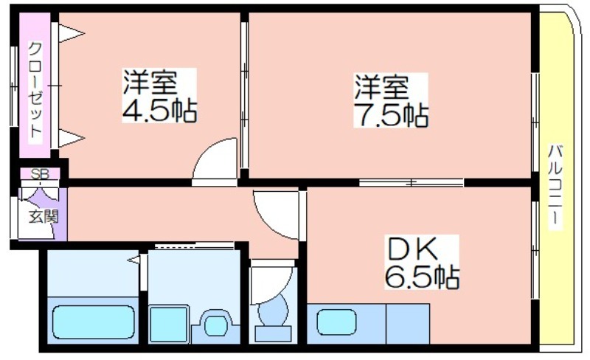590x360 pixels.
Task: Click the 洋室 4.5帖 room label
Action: pyautogui.click(x=159, y=96)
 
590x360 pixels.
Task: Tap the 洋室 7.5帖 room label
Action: pyautogui.click(x=391, y=100)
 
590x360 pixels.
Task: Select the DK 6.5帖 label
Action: pyautogui.click(x=421, y=262)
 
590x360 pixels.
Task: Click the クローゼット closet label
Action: pyautogui.click(x=35, y=89)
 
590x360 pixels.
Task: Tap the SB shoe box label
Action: pyautogui.click(x=40, y=174)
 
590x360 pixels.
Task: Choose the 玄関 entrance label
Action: pyautogui.click(x=44, y=217)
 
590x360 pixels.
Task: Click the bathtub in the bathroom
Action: pyautogui.click(x=94, y=322)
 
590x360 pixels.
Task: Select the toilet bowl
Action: pyautogui.click(x=273, y=311)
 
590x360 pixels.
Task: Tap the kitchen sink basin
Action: pyautogui.click(x=336, y=322)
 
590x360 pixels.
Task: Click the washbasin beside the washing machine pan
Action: pyautogui.click(x=215, y=323)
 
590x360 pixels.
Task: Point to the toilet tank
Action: pyautogui.click(x=273, y=333)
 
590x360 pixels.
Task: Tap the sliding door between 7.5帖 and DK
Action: pyautogui.click(x=412, y=183)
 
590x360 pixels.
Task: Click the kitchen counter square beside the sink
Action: pyautogui.click(x=408, y=323)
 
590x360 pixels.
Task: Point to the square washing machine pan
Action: pyautogui.click(x=169, y=325)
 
